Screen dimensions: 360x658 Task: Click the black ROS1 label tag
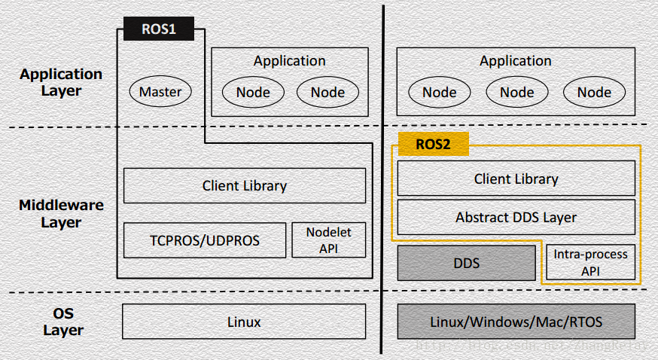click(x=158, y=30)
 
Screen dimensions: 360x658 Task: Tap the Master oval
click(x=160, y=92)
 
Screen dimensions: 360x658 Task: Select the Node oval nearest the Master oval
click(x=253, y=92)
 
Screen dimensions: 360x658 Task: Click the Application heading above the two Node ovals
click(x=289, y=61)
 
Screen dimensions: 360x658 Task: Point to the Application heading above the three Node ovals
click(x=516, y=61)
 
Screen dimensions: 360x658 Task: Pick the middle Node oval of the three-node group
click(x=516, y=92)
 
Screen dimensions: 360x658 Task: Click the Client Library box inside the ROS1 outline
click(x=245, y=185)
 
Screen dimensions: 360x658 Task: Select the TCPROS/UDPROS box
click(x=205, y=240)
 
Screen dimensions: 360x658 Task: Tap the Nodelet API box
click(x=328, y=240)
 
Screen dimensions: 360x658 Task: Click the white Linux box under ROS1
click(x=244, y=322)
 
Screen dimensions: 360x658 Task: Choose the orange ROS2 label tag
click(x=433, y=144)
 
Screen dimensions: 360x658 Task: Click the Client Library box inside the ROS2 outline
click(x=516, y=179)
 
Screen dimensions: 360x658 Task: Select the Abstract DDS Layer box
click(x=516, y=217)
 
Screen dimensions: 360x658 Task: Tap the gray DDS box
click(x=466, y=263)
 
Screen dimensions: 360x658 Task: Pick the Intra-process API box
click(x=590, y=263)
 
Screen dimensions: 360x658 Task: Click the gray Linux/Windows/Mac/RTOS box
click(x=516, y=322)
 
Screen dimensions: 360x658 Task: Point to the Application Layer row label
click(x=61, y=82)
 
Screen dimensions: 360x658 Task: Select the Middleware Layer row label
click(x=61, y=213)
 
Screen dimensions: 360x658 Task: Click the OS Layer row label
click(x=61, y=322)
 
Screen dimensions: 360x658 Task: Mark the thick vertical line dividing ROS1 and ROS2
click(x=382, y=181)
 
